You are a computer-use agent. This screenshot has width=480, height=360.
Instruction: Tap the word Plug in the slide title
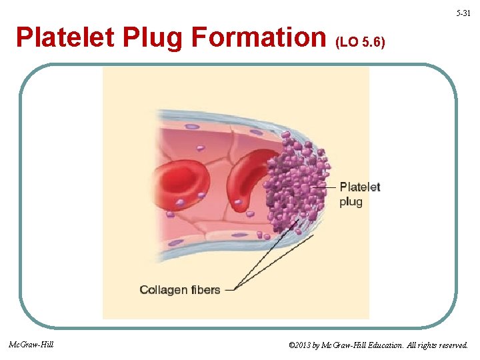click(x=155, y=38)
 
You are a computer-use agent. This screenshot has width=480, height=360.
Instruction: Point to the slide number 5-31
click(x=463, y=13)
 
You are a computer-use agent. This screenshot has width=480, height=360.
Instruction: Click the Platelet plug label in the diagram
click(x=359, y=193)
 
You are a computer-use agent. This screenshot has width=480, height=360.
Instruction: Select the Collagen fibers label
click(x=179, y=290)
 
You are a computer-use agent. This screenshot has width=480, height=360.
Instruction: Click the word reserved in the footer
click(x=451, y=345)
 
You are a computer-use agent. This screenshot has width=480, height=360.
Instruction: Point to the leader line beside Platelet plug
click(x=331, y=187)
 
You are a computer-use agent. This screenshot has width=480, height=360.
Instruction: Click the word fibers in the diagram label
click(x=205, y=290)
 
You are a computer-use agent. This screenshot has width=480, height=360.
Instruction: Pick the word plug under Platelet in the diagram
click(x=351, y=201)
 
